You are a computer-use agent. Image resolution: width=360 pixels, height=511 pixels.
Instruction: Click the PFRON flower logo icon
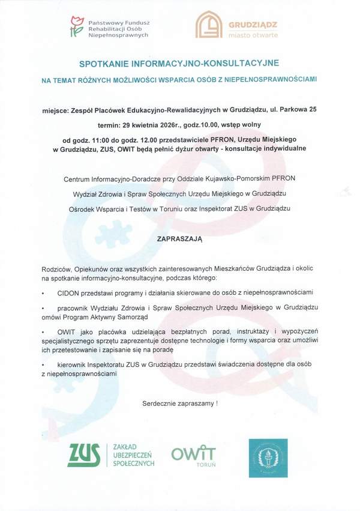pos(76,27)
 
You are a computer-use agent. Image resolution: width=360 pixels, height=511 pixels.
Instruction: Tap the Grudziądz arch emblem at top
pos(208,25)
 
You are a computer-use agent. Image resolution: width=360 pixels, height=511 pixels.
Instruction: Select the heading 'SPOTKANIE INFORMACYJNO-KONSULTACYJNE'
pos(179,62)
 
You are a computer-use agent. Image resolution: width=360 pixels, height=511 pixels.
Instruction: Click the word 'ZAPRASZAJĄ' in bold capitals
pos(180,238)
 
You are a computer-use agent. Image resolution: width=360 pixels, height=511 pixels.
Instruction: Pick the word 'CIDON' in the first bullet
pos(70,292)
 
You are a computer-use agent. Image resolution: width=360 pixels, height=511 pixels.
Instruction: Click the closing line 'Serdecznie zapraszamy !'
pos(180,403)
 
